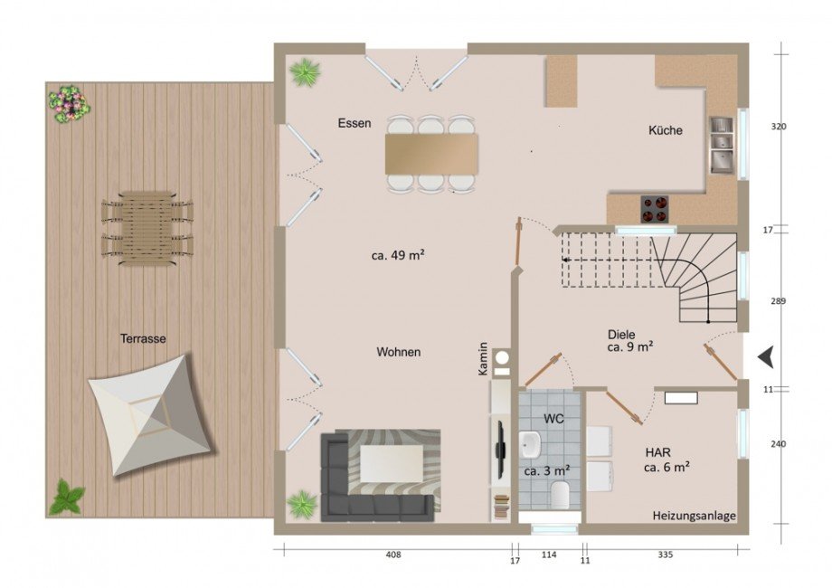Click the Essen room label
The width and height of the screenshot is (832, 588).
point(355,123)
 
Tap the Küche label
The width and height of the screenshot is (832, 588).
point(666,130)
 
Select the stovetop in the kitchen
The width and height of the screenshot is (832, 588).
point(654,209)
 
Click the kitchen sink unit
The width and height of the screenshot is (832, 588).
point(721,146)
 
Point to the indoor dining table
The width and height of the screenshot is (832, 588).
point(431,154)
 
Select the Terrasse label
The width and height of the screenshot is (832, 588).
point(143,338)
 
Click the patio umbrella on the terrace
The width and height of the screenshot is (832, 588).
point(152,415)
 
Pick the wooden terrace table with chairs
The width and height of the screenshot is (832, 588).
point(147,228)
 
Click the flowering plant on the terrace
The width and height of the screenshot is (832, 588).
point(69,105)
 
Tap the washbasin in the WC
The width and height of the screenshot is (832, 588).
point(531,444)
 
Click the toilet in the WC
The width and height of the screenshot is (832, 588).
point(560,495)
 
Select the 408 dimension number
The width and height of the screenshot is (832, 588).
point(393,555)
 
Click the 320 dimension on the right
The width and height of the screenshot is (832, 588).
point(779,127)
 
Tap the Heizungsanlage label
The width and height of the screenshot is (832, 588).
point(694,516)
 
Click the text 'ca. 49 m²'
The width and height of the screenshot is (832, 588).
point(397,256)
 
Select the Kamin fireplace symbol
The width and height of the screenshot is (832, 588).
point(501,360)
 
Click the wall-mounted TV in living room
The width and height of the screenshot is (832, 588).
point(500,447)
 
